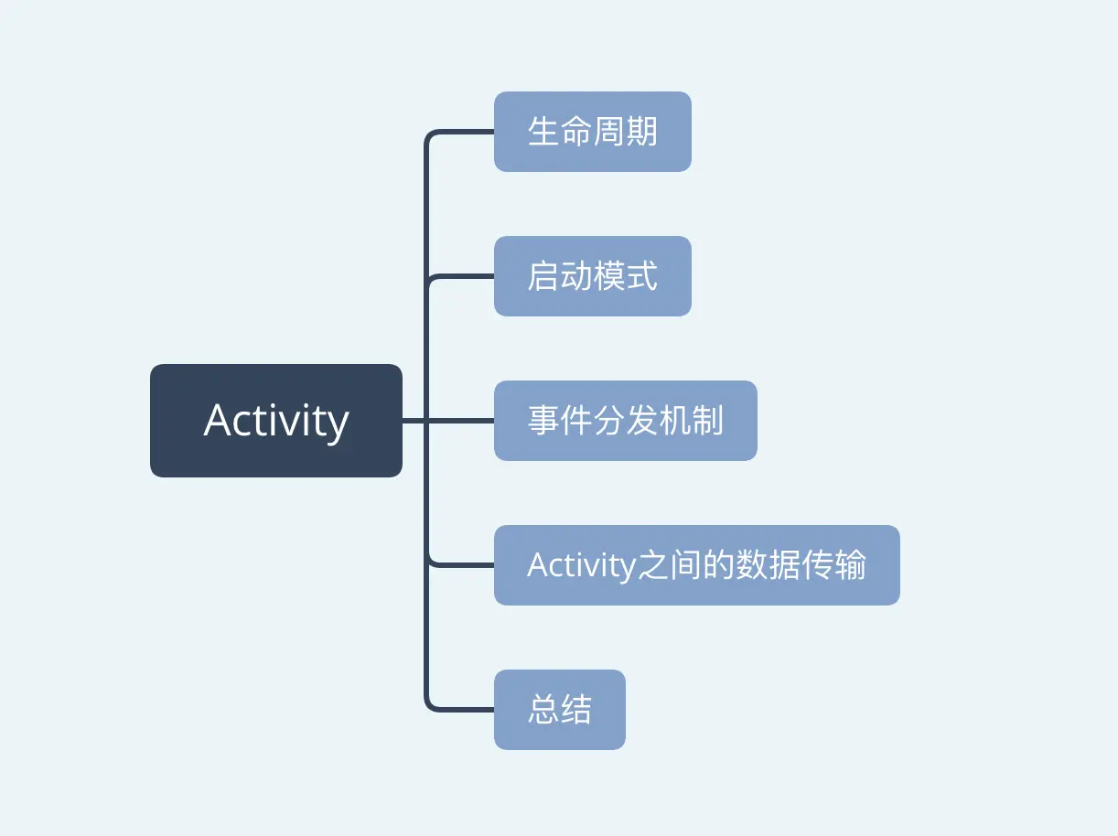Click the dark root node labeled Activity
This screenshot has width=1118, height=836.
[x=275, y=421]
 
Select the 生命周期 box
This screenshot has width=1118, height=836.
[x=592, y=132]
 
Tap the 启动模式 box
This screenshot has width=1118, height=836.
[x=592, y=276]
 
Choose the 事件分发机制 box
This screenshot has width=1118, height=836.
[x=625, y=421]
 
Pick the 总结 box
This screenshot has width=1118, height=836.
[x=559, y=710]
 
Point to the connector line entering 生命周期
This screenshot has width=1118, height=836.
[x=462, y=132]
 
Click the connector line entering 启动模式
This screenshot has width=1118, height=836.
[x=462, y=276]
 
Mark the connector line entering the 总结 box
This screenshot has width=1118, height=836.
[x=462, y=710]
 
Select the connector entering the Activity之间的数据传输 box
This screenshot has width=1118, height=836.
[x=462, y=565]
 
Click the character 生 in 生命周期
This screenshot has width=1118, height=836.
[x=543, y=132]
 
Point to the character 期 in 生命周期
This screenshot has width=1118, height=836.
[x=641, y=132]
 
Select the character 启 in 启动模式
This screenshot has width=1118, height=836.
[x=543, y=276]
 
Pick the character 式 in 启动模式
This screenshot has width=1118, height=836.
[x=641, y=276]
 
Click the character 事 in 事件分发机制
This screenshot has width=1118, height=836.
[x=543, y=421]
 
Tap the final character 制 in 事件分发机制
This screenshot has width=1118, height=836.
[x=707, y=421]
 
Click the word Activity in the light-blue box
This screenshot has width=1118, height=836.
[x=581, y=565]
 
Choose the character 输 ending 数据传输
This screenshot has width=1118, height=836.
[x=850, y=565]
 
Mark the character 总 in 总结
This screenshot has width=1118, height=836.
[x=543, y=710]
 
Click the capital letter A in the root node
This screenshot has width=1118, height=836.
[x=218, y=421]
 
